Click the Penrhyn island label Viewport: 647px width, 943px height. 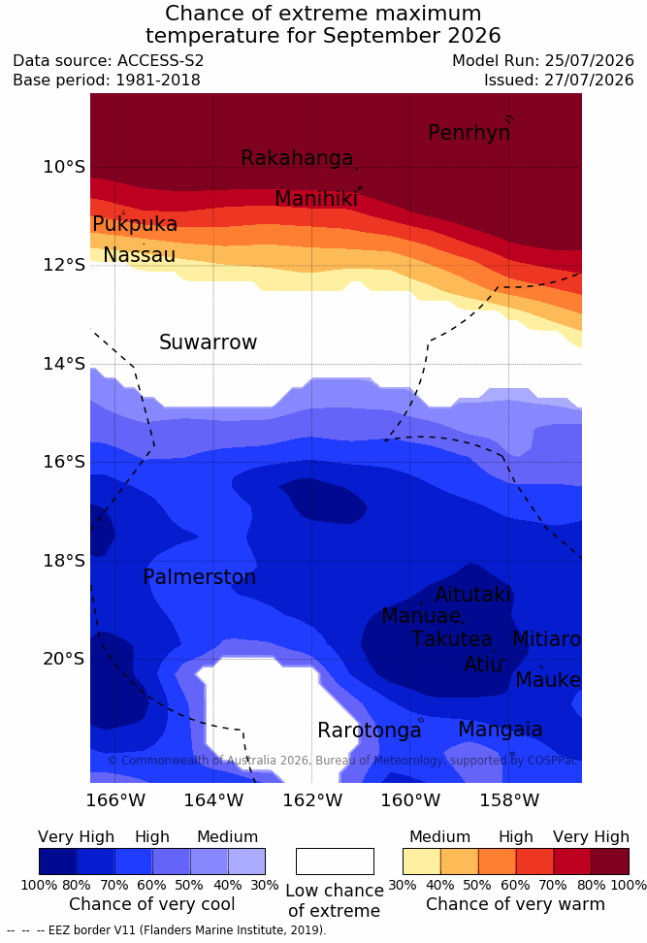click(469, 133)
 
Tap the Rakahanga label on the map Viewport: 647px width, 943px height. click(297, 157)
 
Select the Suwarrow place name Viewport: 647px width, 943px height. click(208, 342)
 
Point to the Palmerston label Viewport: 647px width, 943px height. click(200, 576)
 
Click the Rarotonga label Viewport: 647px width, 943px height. click(370, 731)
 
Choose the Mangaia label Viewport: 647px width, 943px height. click(501, 730)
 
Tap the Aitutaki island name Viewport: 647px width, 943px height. click(472, 594)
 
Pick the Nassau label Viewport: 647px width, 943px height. click(140, 255)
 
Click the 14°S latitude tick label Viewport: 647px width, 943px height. click(64, 363)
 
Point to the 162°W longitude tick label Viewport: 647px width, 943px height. click(312, 800)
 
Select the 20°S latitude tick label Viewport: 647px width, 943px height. click(64, 659)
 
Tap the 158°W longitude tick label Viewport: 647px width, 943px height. click(509, 800)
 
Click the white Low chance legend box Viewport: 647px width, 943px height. click(335, 862)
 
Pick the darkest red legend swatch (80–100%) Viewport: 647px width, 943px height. click(610, 862)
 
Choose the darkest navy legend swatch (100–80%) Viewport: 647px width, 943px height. click(58, 862)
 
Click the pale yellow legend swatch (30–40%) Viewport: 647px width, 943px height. click(422, 862)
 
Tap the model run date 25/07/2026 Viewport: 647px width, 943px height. click(589, 61)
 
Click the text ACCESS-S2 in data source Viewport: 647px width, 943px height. click(161, 61)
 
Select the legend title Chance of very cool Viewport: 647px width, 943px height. click(152, 904)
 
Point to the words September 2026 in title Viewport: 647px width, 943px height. click(412, 36)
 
